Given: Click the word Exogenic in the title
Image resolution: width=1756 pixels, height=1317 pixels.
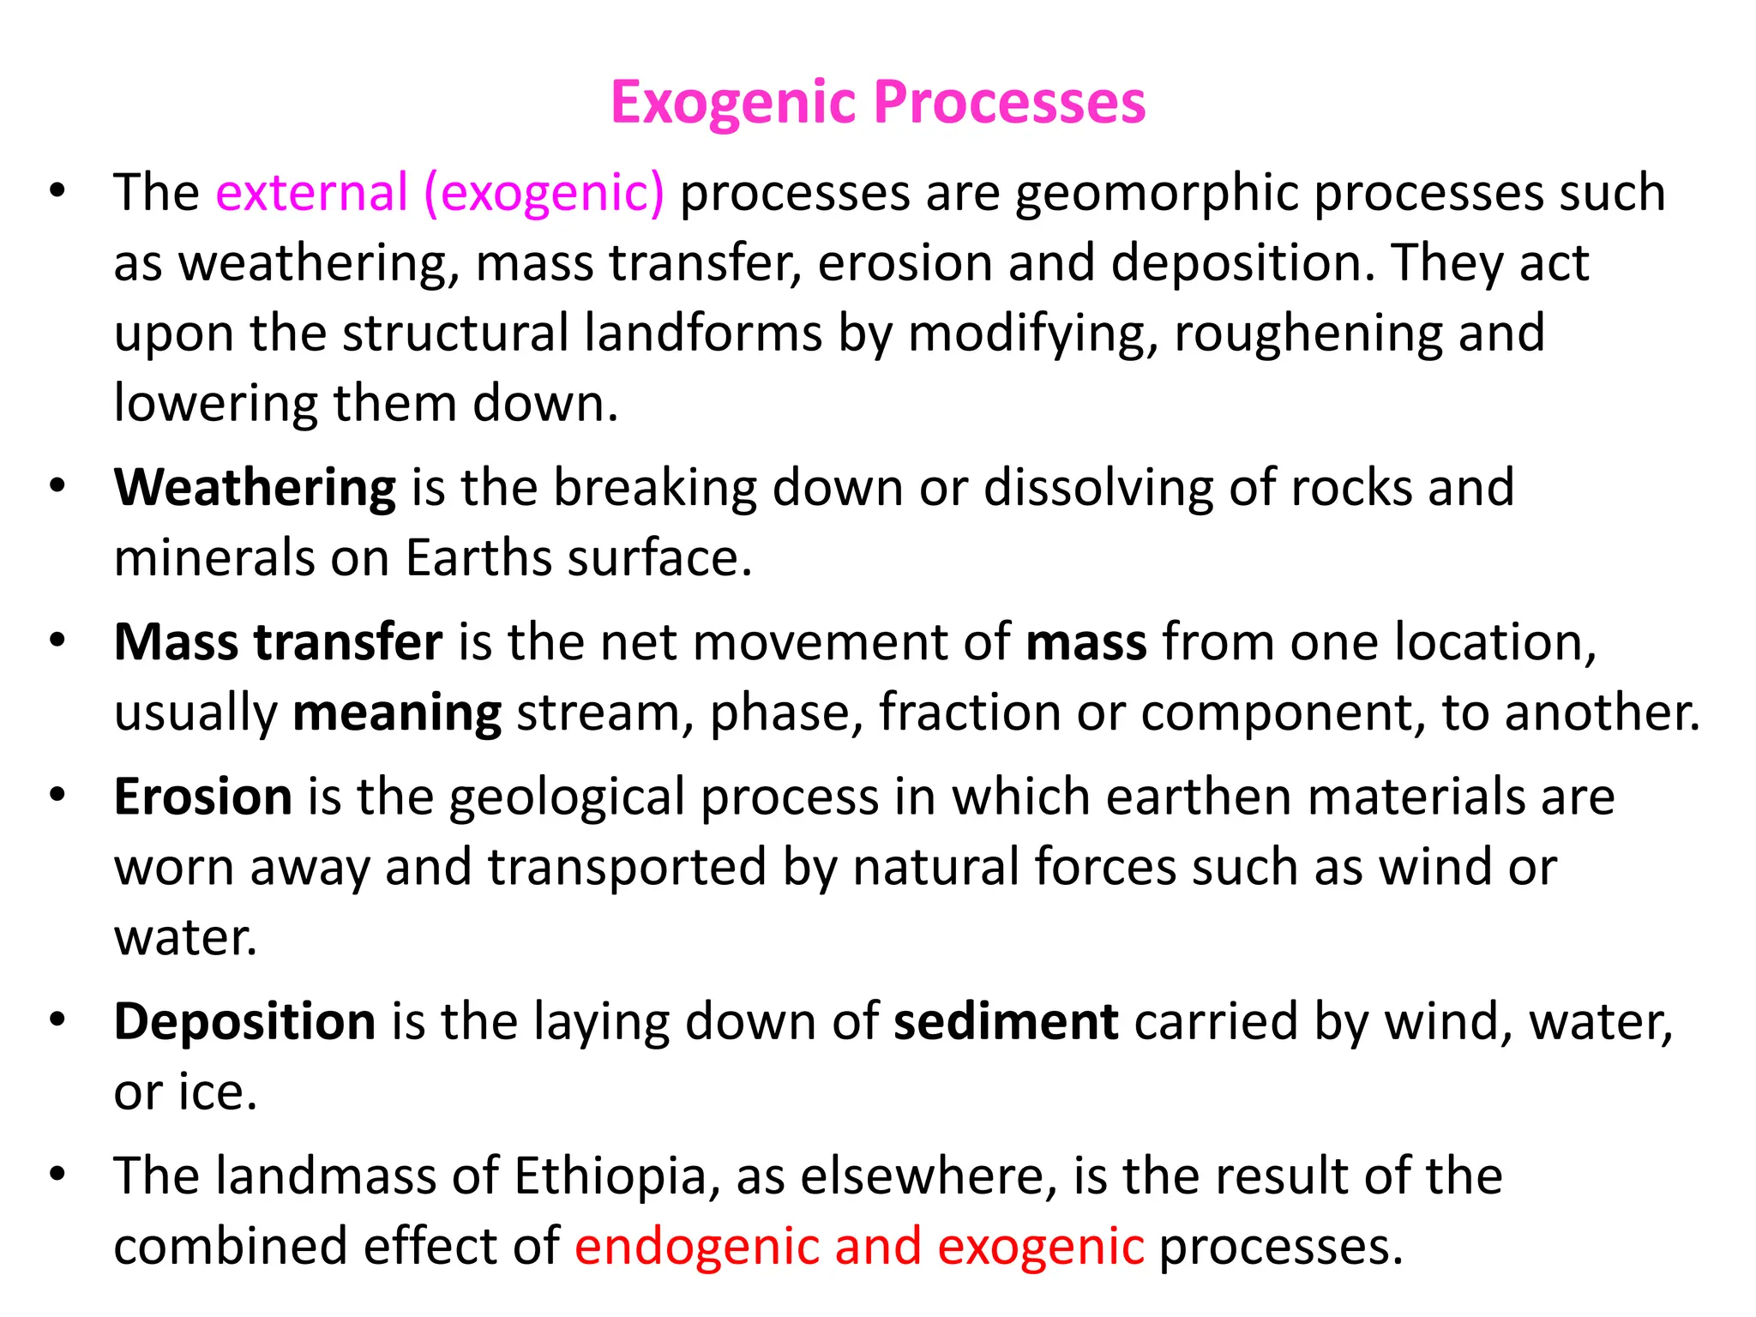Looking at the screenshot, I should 734,103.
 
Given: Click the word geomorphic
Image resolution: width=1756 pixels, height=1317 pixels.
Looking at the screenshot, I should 1157,194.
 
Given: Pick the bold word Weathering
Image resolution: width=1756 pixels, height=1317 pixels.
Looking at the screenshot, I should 255,489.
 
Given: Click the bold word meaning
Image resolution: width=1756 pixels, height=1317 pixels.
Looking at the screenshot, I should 397,714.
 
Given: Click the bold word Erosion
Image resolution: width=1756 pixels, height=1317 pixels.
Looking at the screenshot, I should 203,797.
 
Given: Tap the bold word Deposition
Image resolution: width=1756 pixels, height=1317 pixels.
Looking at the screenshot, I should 244,1023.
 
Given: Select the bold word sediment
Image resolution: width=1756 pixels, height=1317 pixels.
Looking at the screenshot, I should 1006,1022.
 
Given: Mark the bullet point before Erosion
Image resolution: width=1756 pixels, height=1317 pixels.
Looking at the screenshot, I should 57,795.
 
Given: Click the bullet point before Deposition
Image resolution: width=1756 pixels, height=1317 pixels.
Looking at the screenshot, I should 57,1020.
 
